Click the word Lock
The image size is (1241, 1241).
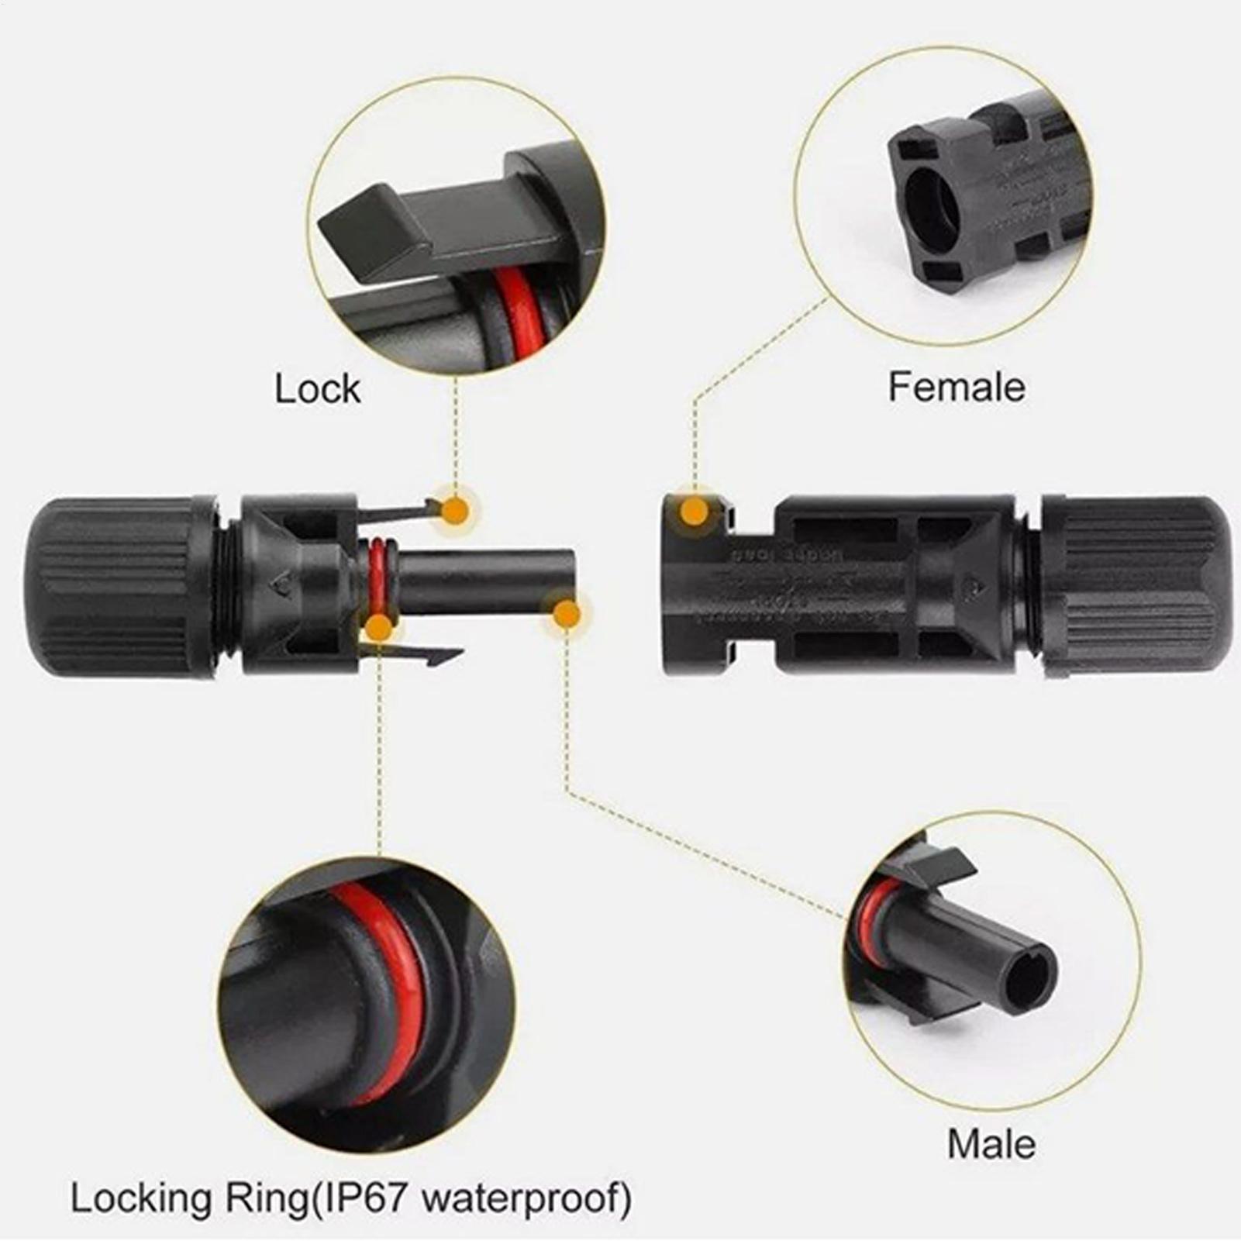coord(318,388)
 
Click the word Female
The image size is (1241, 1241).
coord(956,387)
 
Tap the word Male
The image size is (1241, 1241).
coord(991,1144)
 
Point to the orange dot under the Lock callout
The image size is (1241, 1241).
coord(456,511)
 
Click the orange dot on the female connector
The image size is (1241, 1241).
coord(695,511)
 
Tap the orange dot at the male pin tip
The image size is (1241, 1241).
coord(567,614)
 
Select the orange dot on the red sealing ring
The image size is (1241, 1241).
coord(378,627)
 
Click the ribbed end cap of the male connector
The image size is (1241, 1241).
coord(116,587)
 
